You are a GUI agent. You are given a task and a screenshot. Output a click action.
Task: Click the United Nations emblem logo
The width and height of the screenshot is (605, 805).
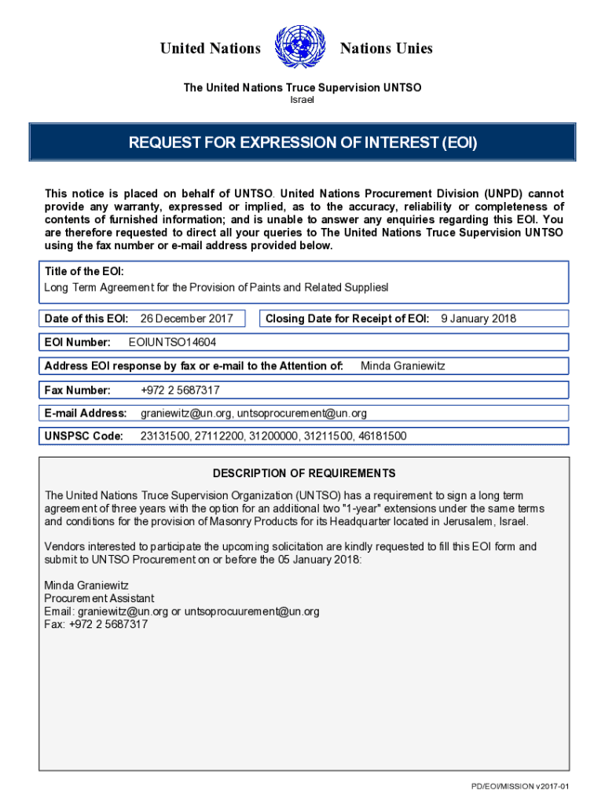click(300, 48)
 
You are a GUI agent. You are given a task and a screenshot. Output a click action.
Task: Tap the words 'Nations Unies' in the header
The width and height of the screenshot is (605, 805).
click(386, 49)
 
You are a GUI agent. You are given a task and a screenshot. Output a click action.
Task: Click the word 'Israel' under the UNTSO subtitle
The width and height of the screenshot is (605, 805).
click(302, 100)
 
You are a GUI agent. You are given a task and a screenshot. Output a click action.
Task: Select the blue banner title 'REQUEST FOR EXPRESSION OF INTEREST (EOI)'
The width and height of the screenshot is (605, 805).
click(302, 143)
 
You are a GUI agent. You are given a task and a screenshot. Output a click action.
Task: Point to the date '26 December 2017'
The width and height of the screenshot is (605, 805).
click(186, 318)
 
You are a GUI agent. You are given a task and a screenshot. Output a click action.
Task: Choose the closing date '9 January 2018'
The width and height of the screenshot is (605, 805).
click(478, 318)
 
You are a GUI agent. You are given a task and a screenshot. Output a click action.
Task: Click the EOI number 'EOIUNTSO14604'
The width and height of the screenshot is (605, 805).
click(172, 343)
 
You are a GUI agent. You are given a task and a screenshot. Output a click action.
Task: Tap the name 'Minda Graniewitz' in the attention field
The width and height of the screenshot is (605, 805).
click(402, 366)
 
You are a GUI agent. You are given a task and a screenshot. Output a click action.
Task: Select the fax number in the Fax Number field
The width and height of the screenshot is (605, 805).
click(180, 390)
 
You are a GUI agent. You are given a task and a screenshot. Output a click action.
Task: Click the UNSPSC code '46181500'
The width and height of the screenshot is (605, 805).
click(382, 436)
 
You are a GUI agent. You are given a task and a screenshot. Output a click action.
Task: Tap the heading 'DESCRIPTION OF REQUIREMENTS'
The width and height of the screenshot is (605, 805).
click(303, 473)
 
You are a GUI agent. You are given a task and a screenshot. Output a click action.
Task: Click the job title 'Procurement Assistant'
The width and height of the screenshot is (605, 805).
click(100, 598)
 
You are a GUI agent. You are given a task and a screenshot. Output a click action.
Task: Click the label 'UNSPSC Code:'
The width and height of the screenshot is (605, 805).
click(84, 436)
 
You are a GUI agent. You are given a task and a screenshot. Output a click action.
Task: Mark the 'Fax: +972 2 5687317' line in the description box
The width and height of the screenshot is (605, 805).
click(96, 624)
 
